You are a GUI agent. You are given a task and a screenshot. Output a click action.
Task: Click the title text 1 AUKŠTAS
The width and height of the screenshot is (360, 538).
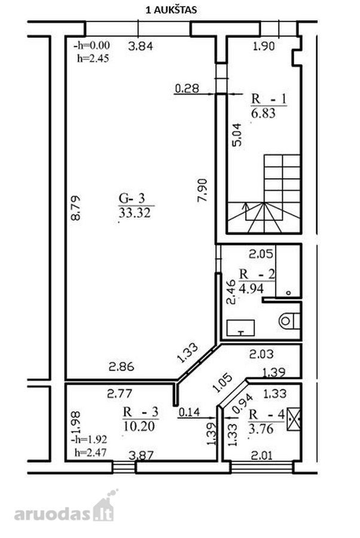pos(171,10)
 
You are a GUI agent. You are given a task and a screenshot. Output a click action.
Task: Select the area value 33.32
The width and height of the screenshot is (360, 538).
pos(135,213)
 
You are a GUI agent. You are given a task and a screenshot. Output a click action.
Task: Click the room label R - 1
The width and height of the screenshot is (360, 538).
pos(269,99)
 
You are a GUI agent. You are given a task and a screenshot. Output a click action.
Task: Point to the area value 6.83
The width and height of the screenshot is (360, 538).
pos(263,113)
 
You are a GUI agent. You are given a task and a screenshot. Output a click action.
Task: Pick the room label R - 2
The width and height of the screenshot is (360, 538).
pos(257,274)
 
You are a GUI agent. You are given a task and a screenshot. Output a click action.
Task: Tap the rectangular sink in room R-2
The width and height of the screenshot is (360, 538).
pos(240,328)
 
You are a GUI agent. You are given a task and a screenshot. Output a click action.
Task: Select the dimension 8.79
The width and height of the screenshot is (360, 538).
pos(75,207)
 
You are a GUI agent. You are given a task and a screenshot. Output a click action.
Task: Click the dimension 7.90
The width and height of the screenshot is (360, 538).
pos(203,190)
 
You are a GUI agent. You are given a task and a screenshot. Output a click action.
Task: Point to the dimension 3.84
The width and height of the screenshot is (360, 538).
pos(141,46)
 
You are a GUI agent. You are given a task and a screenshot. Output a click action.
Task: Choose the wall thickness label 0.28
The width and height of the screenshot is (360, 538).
pos(187,88)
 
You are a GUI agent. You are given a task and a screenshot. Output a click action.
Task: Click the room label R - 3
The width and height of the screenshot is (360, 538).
pos(141,412)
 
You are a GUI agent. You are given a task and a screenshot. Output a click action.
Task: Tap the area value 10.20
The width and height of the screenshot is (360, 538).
pos(139,426)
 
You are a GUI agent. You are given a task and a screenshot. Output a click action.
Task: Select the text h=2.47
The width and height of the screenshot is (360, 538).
pos(91,453)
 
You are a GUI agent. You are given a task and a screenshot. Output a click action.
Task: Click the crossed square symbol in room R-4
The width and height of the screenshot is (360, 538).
pos(294,418)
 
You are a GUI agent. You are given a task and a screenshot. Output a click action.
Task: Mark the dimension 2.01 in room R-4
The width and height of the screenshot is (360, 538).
pos(262,456)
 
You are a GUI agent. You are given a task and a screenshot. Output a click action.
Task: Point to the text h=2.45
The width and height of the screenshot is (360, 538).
pos(93,59)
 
